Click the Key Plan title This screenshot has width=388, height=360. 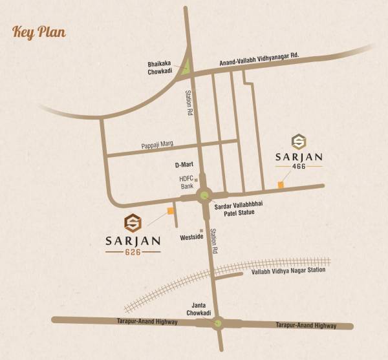click(38, 32)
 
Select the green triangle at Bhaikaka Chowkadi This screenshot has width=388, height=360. click(186, 65)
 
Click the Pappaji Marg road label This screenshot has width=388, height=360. click(159, 146)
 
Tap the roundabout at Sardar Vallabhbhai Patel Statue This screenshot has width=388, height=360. click(206, 194)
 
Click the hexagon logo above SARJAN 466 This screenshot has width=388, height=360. click(299, 142)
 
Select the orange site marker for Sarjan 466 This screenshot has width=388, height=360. click(281, 185)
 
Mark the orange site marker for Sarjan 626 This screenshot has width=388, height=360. click(170, 210)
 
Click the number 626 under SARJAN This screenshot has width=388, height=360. click(133, 252)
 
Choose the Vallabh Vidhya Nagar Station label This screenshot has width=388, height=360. click(288, 271)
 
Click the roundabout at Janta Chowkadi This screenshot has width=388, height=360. click(218, 323)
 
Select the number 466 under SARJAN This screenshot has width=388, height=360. click(299, 166)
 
